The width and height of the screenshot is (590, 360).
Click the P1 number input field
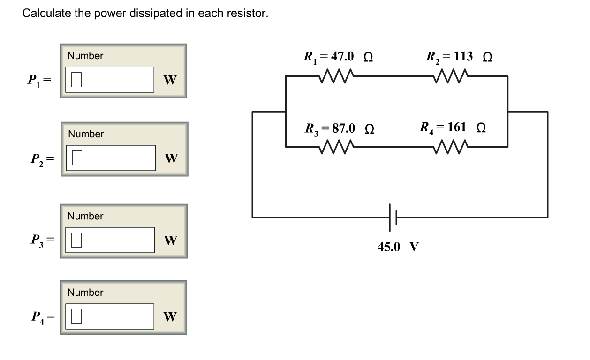click(110, 80)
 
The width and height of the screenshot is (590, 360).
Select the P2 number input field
click(110, 158)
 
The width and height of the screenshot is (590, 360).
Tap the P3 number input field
click(110, 240)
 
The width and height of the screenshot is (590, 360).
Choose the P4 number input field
click(110, 316)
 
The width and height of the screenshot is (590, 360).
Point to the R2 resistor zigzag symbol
click(451, 75)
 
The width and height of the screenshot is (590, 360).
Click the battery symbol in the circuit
click(393, 217)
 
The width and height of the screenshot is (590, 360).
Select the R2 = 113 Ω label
click(459, 57)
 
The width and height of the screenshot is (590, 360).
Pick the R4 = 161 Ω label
click(453, 127)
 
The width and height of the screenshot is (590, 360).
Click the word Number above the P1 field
click(85, 56)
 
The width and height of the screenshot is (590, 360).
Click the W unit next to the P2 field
click(171, 159)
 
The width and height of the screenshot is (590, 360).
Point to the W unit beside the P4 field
click(170, 317)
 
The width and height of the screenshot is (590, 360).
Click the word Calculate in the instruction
click(46, 14)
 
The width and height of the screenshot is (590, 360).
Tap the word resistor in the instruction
click(250, 14)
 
